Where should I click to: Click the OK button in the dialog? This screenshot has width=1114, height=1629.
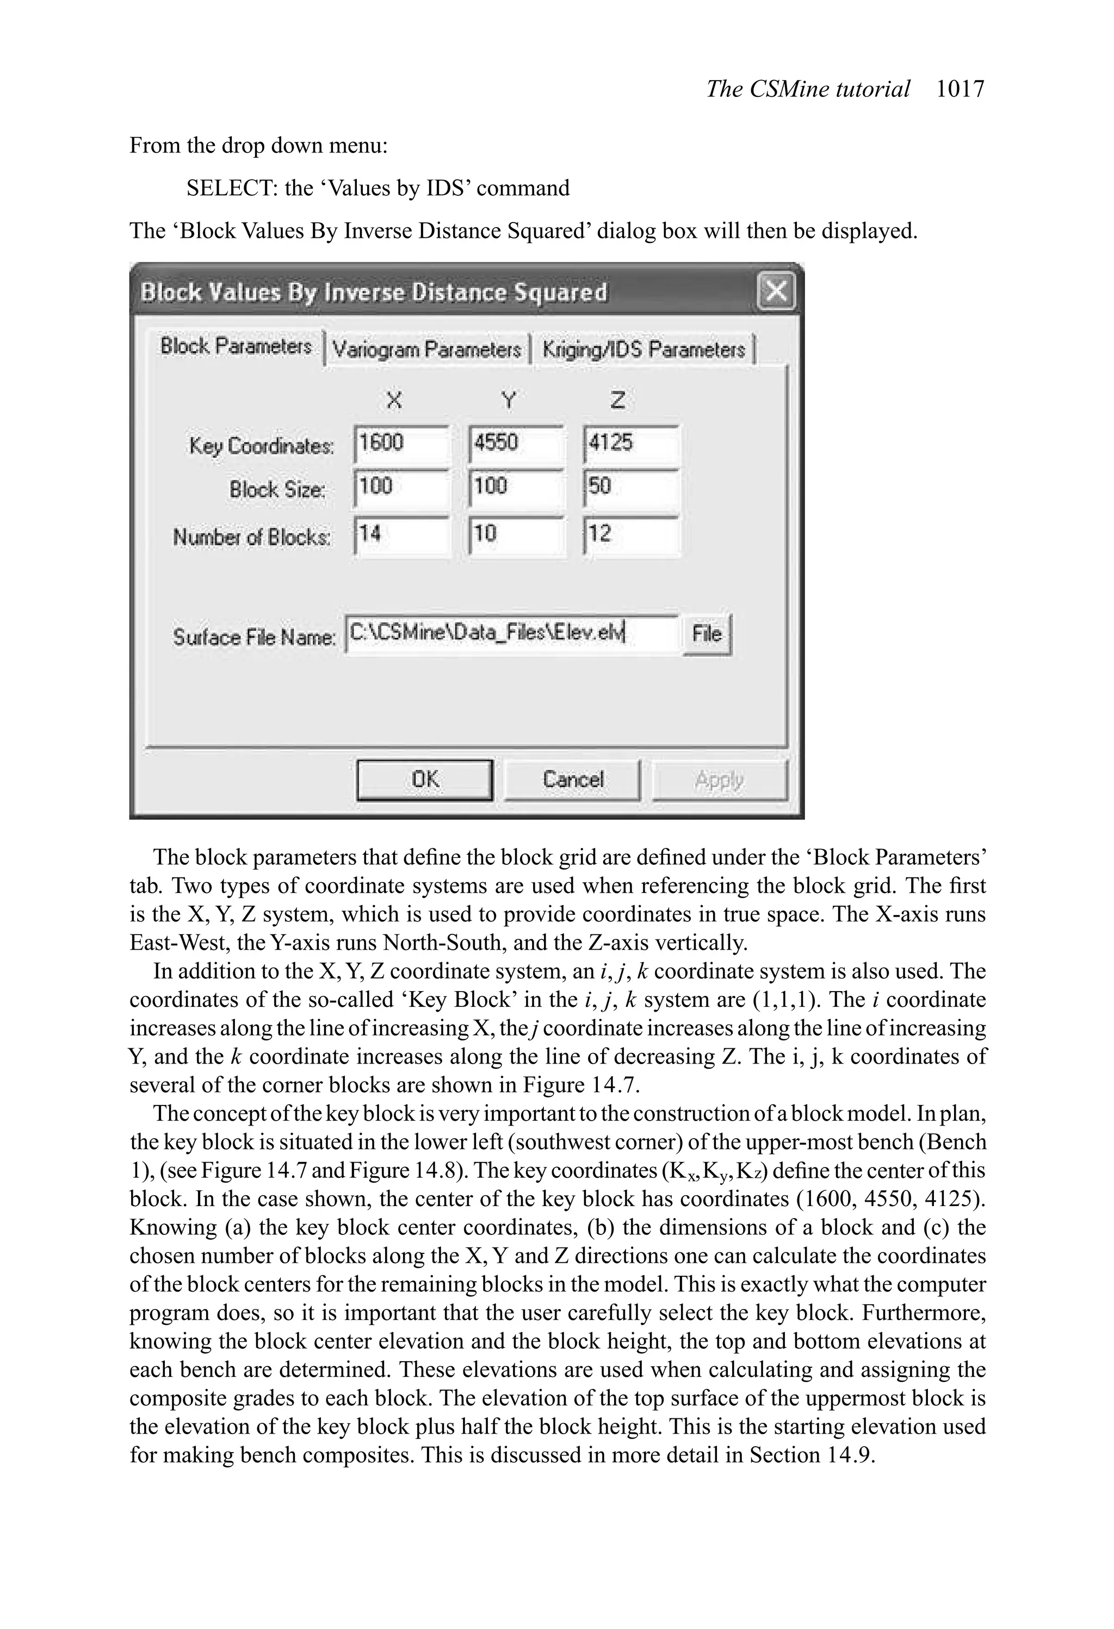pos(425,779)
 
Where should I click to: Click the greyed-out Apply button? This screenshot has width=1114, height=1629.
pos(720,779)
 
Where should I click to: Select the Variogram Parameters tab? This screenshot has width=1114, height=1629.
pos(426,349)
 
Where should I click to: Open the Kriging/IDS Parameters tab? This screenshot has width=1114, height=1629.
pos(643,349)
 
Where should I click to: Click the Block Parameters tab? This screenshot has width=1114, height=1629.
pos(236,346)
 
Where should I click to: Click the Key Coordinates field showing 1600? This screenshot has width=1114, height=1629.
pos(401,444)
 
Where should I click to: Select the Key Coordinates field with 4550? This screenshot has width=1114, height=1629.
pos(516,444)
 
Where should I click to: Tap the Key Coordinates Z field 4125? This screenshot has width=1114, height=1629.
pos(630,444)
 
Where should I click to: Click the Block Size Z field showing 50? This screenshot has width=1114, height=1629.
pos(630,488)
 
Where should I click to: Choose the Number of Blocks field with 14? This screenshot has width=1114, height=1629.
pos(401,535)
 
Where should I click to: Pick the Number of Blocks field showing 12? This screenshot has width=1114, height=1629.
pos(630,535)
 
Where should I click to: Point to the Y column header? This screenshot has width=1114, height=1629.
pos(509,400)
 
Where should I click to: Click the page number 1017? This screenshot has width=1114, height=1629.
pos(960,89)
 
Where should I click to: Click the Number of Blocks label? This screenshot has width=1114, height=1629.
pos(251,538)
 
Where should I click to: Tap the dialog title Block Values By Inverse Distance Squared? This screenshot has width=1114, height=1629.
pos(374,292)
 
